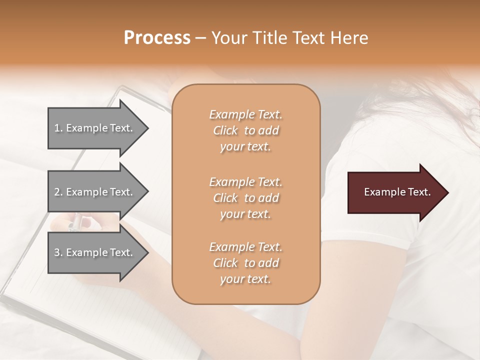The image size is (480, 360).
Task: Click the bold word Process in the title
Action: pyautogui.click(x=157, y=38)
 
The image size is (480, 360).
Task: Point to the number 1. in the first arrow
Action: pyautogui.click(x=58, y=128)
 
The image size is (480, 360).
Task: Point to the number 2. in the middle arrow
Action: pyautogui.click(x=58, y=192)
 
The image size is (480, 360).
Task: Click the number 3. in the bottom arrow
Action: pyautogui.click(x=58, y=252)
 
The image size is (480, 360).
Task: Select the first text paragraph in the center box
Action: pyautogui.click(x=245, y=130)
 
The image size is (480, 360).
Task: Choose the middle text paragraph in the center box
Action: pyautogui.click(x=245, y=198)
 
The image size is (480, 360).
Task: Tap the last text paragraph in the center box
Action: pyautogui.click(x=245, y=263)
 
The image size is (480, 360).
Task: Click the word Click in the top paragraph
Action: pyautogui.click(x=225, y=130)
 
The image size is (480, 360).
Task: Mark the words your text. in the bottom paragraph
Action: pyautogui.click(x=245, y=279)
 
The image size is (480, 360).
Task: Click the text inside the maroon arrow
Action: pyautogui.click(x=397, y=192)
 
